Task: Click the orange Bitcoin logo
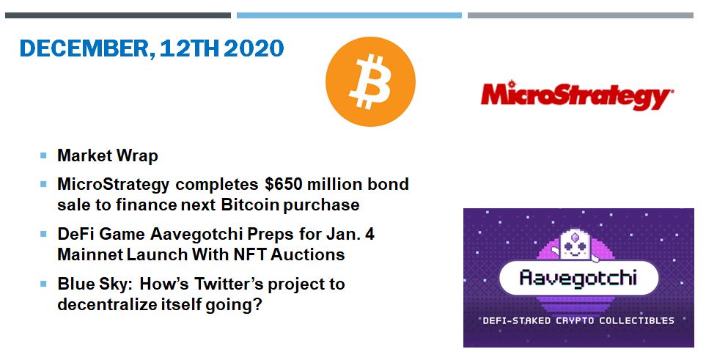pos(370,81)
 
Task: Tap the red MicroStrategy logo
pos(577,95)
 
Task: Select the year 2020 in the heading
pos(254,48)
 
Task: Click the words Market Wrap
pos(108,156)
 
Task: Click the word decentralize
pos(107,304)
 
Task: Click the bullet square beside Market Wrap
pos(43,155)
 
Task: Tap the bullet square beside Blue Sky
pos(43,284)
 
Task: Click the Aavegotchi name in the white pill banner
pos(578,278)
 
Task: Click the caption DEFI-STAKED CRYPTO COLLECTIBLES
pos(578,320)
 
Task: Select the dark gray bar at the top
pos(118,15)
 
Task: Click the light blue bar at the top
pos(350,15)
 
